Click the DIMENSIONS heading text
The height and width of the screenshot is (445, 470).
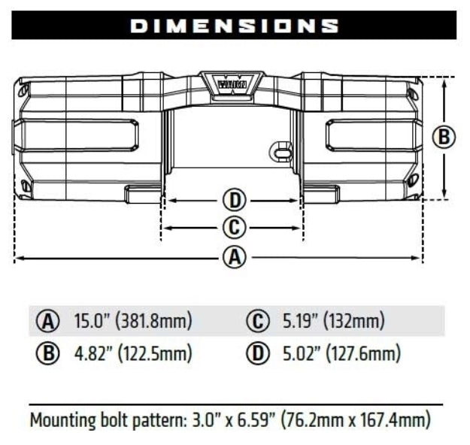click(235, 26)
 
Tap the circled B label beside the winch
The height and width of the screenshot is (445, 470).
click(444, 137)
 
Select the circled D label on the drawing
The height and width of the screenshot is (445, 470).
click(235, 201)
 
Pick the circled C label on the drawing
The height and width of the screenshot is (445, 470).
click(235, 227)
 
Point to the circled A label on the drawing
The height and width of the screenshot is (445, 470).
click(235, 257)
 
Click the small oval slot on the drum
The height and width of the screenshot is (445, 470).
click(282, 153)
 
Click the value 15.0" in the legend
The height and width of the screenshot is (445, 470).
click(91, 322)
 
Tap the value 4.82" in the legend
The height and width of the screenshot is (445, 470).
click(92, 353)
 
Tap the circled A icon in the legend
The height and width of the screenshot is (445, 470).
click(50, 322)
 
